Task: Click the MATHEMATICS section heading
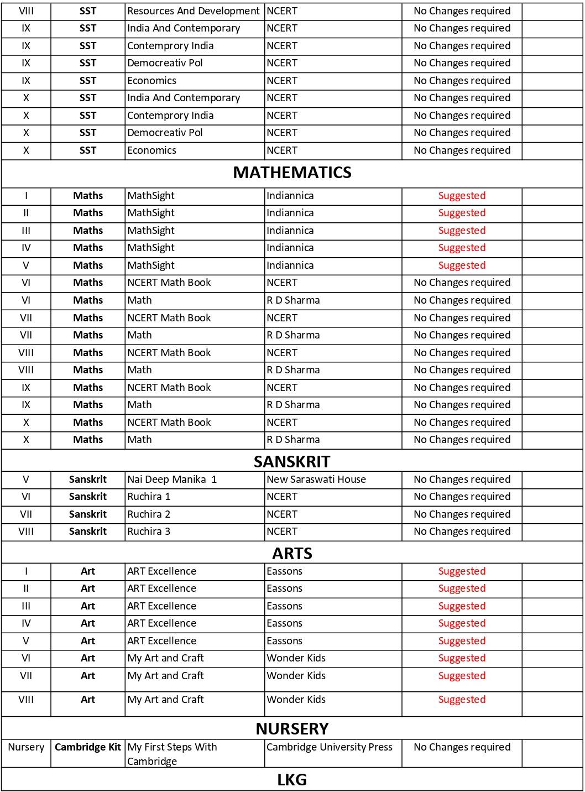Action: pos(292,173)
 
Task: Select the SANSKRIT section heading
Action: pos(292,461)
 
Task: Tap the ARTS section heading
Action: pos(292,553)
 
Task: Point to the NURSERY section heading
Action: pos(292,728)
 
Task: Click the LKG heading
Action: pos(292,780)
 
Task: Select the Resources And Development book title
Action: pos(193,11)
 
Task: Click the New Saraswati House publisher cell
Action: pos(316,480)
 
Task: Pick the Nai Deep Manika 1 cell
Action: pos(172,480)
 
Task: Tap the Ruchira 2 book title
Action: pos(149,514)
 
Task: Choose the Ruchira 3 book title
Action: pos(149,532)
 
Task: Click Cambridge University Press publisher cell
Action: pos(330,747)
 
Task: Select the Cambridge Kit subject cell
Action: pos(88,747)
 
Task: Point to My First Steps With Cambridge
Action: pos(172,754)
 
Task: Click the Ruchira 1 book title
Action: pos(149,497)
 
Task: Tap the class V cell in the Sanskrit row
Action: pos(26,480)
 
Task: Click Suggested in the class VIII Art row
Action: pos(462,700)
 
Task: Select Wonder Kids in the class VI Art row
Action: pos(296,658)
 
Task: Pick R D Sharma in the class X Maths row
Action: pos(293,440)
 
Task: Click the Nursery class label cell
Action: pos(26,747)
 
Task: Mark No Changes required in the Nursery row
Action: pos(462,747)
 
